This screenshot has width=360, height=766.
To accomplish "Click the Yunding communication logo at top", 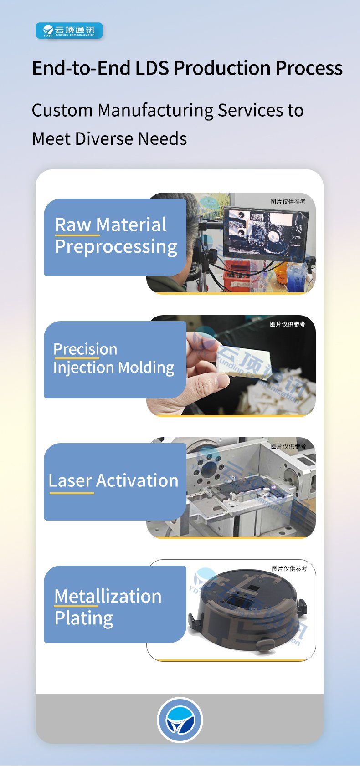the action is (x=69, y=31).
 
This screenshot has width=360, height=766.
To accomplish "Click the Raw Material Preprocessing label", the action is (x=116, y=236).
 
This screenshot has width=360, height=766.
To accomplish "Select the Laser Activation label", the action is (x=113, y=480).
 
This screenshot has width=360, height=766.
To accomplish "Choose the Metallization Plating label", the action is (x=108, y=608).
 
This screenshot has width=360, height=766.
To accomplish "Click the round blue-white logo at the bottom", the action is (x=180, y=720).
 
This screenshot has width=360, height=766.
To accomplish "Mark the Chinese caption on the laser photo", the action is (x=288, y=446).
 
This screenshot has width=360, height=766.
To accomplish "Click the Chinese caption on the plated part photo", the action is (x=289, y=569).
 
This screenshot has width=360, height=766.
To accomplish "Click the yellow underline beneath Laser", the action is (x=72, y=493).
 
